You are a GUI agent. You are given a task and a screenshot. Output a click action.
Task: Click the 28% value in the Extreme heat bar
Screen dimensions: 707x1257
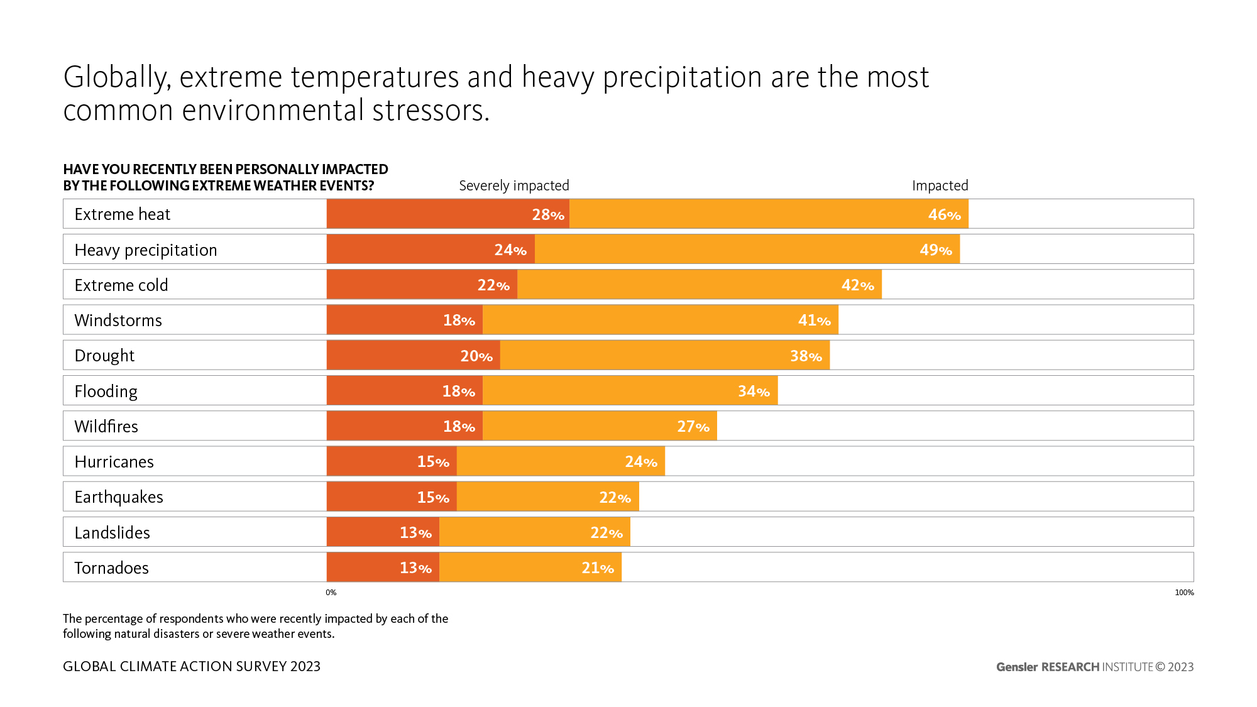pyautogui.click(x=547, y=215)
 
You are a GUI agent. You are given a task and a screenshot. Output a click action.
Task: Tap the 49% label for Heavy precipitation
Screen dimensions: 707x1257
pyautogui.click(x=935, y=250)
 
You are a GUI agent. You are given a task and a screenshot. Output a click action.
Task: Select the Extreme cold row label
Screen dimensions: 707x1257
pyautogui.click(x=121, y=285)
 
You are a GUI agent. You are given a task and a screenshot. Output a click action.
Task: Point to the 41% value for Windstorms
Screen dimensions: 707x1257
pyautogui.click(x=814, y=321)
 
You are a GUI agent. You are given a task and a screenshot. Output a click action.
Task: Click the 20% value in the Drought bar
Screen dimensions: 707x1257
pyautogui.click(x=476, y=356)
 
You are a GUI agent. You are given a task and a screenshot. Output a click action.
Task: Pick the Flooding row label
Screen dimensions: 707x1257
pyautogui.click(x=106, y=392)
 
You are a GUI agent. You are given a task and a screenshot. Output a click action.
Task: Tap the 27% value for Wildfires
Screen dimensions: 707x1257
pyautogui.click(x=693, y=427)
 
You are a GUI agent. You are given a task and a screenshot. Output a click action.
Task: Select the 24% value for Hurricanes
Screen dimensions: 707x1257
pyautogui.click(x=640, y=462)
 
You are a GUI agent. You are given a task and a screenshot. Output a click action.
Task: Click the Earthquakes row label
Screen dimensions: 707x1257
pyautogui.click(x=119, y=497)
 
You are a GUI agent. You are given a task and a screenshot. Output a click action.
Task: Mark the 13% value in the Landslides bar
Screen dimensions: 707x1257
pyautogui.click(x=415, y=533)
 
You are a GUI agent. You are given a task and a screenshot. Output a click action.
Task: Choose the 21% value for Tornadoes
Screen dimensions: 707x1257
pyautogui.click(x=597, y=568)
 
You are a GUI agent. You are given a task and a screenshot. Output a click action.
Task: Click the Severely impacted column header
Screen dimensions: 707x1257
pyautogui.click(x=513, y=185)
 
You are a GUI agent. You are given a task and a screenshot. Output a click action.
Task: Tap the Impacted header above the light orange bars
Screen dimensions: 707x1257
pyautogui.click(x=940, y=185)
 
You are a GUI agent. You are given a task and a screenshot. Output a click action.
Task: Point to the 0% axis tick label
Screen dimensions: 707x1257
pyautogui.click(x=331, y=593)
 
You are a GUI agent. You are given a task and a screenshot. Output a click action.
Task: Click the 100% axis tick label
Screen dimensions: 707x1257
pyautogui.click(x=1184, y=593)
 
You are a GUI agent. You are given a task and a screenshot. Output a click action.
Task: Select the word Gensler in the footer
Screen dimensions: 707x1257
pyautogui.click(x=1016, y=667)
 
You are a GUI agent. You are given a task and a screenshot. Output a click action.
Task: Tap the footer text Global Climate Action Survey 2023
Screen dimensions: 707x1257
pyautogui.click(x=192, y=666)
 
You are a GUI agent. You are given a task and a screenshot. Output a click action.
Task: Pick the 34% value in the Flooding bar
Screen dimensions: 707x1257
pyautogui.click(x=753, y=392)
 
